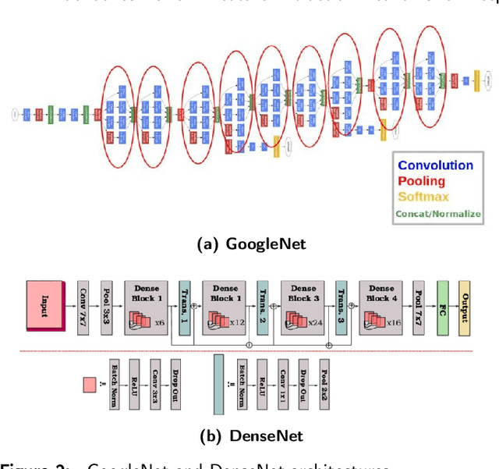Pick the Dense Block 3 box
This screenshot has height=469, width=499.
click(303, 306)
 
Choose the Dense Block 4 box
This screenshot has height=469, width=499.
click(381, 306)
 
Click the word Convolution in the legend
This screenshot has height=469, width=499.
click(435, 165)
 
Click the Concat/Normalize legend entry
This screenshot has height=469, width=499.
click(438, 212)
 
